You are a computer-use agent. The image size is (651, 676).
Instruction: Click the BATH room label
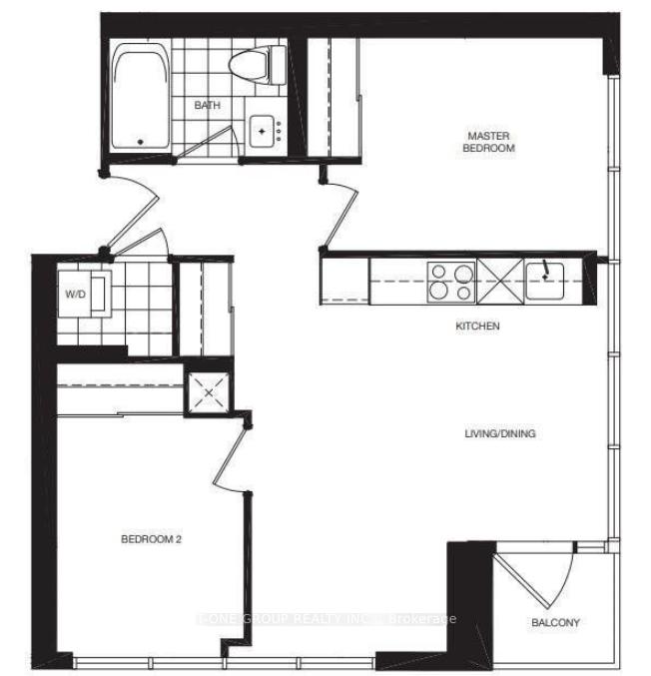click(207, 105)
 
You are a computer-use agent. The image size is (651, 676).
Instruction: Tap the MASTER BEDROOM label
click(488, 141)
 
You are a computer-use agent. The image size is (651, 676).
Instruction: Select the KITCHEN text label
click(478, 327)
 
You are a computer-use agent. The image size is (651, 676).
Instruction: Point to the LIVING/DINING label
click(500, 433)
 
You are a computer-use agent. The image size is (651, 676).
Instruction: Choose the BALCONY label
click(555, 622)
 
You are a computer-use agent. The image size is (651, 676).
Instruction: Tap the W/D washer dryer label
click(76, 295)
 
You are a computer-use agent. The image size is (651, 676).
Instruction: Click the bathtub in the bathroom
click(140, 98)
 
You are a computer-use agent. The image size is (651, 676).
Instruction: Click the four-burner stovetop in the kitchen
click(450, 281)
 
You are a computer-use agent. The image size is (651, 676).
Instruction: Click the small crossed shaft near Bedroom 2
click(209, 391)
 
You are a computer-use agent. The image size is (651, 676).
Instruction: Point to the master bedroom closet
click(332, 97)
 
